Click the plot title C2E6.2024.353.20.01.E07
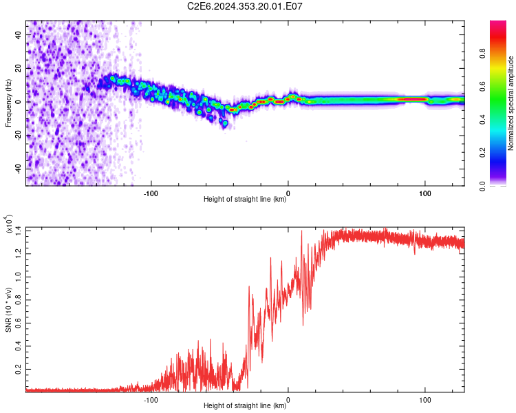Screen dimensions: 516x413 point(244,6)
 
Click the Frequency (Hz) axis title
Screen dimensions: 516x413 point(8,103)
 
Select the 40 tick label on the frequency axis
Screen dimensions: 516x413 point(18,34)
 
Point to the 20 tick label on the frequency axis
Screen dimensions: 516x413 point(18,68)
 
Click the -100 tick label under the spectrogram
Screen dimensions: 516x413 point(151,193)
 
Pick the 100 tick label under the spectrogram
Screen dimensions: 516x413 point(425,193)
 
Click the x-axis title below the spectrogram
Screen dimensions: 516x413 point(245,199)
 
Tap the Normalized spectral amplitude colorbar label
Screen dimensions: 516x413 point(510,103)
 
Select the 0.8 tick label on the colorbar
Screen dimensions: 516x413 point(483,54)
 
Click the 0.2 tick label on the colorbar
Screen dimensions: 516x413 point(483,153)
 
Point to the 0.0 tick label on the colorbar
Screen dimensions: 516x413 point(483,186)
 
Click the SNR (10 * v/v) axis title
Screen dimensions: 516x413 point(8,310)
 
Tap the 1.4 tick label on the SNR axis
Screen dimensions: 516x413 point(18,231)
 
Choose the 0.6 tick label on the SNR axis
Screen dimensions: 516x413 point(18,323)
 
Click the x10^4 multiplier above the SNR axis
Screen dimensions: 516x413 point(8,224)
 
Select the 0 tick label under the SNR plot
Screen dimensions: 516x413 point(288,400)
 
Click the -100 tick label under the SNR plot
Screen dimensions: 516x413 point(151,400)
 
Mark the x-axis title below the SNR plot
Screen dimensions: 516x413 point(245,405)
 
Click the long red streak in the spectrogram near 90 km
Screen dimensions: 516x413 point(411,99)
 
